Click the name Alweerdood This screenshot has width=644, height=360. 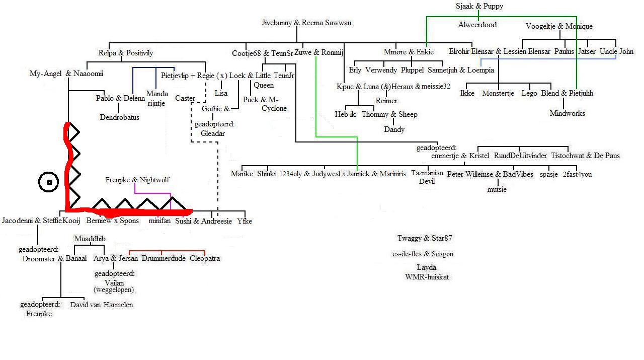click(477, 25)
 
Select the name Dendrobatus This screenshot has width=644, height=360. click(120, 117)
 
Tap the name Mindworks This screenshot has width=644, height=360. click(567, 113)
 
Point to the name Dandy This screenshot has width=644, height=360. click(394, 129)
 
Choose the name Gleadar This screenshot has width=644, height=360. click(213, 133)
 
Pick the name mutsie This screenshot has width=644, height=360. click(497, 190)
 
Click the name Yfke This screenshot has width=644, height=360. click(245, 221)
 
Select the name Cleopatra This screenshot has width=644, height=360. click(205, 258)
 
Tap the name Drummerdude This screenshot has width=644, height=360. click(164, 258)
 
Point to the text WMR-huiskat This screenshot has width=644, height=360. click(427, 277)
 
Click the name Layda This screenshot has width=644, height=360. click(427, 268)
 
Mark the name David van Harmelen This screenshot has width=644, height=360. click(102, 305)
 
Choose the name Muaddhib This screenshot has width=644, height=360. click(90, 239)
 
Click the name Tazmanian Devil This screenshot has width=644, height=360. click(427, 177)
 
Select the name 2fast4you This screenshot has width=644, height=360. click(577, 174)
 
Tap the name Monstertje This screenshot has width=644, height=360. click(498, 93)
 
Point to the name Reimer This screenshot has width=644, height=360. click(386, 101)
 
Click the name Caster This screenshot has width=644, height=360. click(185, 98)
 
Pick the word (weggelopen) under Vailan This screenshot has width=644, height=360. click(114, 290)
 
